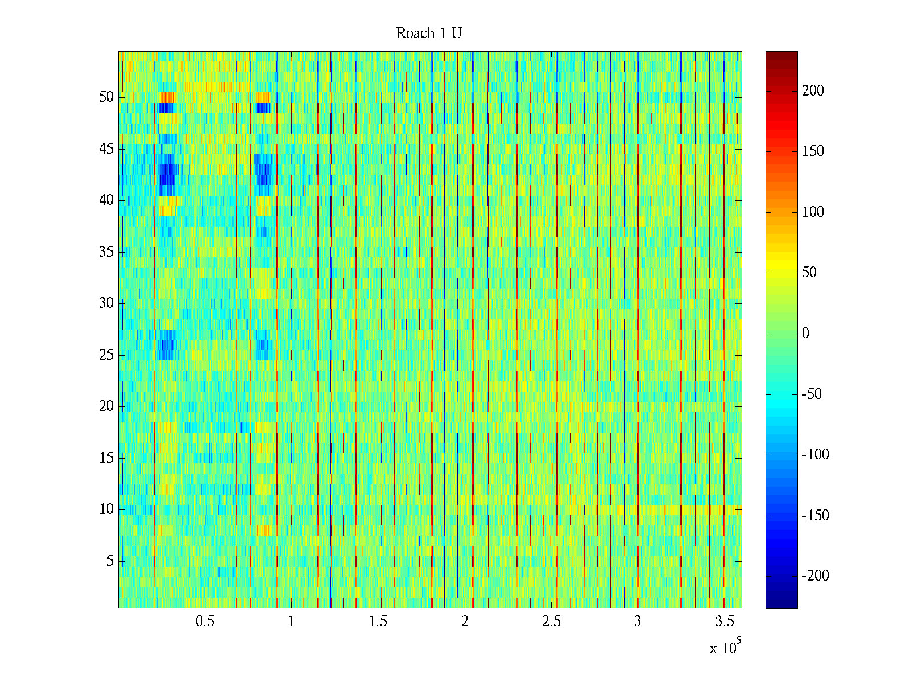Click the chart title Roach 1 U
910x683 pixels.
coord(428,34)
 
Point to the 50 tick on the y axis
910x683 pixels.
coord(106,97)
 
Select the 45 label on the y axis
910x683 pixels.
coord(106,149)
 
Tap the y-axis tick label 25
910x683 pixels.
coord(106,355)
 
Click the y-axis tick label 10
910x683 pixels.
coord(106,509)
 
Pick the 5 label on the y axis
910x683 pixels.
coord(110,561)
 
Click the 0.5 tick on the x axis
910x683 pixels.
coord(205,622)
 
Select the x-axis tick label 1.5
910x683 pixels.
coord(378,622)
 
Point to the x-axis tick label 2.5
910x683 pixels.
coord(551,622)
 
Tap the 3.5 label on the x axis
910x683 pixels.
coord(724,622)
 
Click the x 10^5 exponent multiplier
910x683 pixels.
coord(725,648)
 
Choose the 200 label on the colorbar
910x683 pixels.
coord(813,91)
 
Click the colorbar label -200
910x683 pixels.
coord(815,576)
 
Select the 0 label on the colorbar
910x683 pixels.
coord(805,334)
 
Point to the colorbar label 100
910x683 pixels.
coord(813,212)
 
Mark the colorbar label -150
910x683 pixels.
coord(815,516)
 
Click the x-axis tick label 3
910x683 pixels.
coord(638,622)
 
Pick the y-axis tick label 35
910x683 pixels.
coord(106,252)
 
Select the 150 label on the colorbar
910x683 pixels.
coord(813,151)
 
